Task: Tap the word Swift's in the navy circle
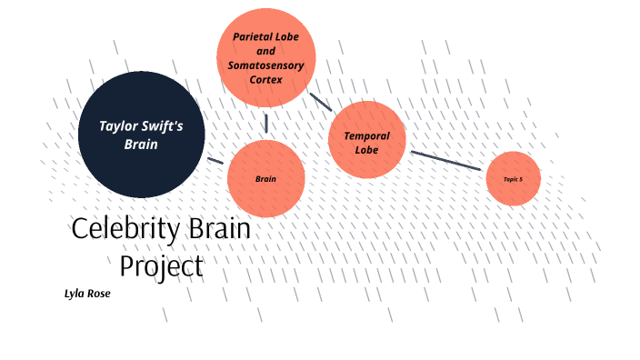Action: (x=164, y=126)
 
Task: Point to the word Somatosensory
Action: (x=266, y=65)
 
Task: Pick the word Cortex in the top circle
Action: (x=266, y=80)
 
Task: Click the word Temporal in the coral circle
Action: (x=366, y=135)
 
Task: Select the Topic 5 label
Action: (x=513, y=179)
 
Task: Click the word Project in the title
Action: (x=162, y=266)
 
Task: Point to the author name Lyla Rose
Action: (x=87, y=294)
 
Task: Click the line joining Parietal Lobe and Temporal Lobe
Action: (x=320, y=101)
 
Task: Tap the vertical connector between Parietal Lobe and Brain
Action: (x=266, y=122)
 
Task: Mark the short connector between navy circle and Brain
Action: (x=215, y=161)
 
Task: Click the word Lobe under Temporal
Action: (x=366, y=150)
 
